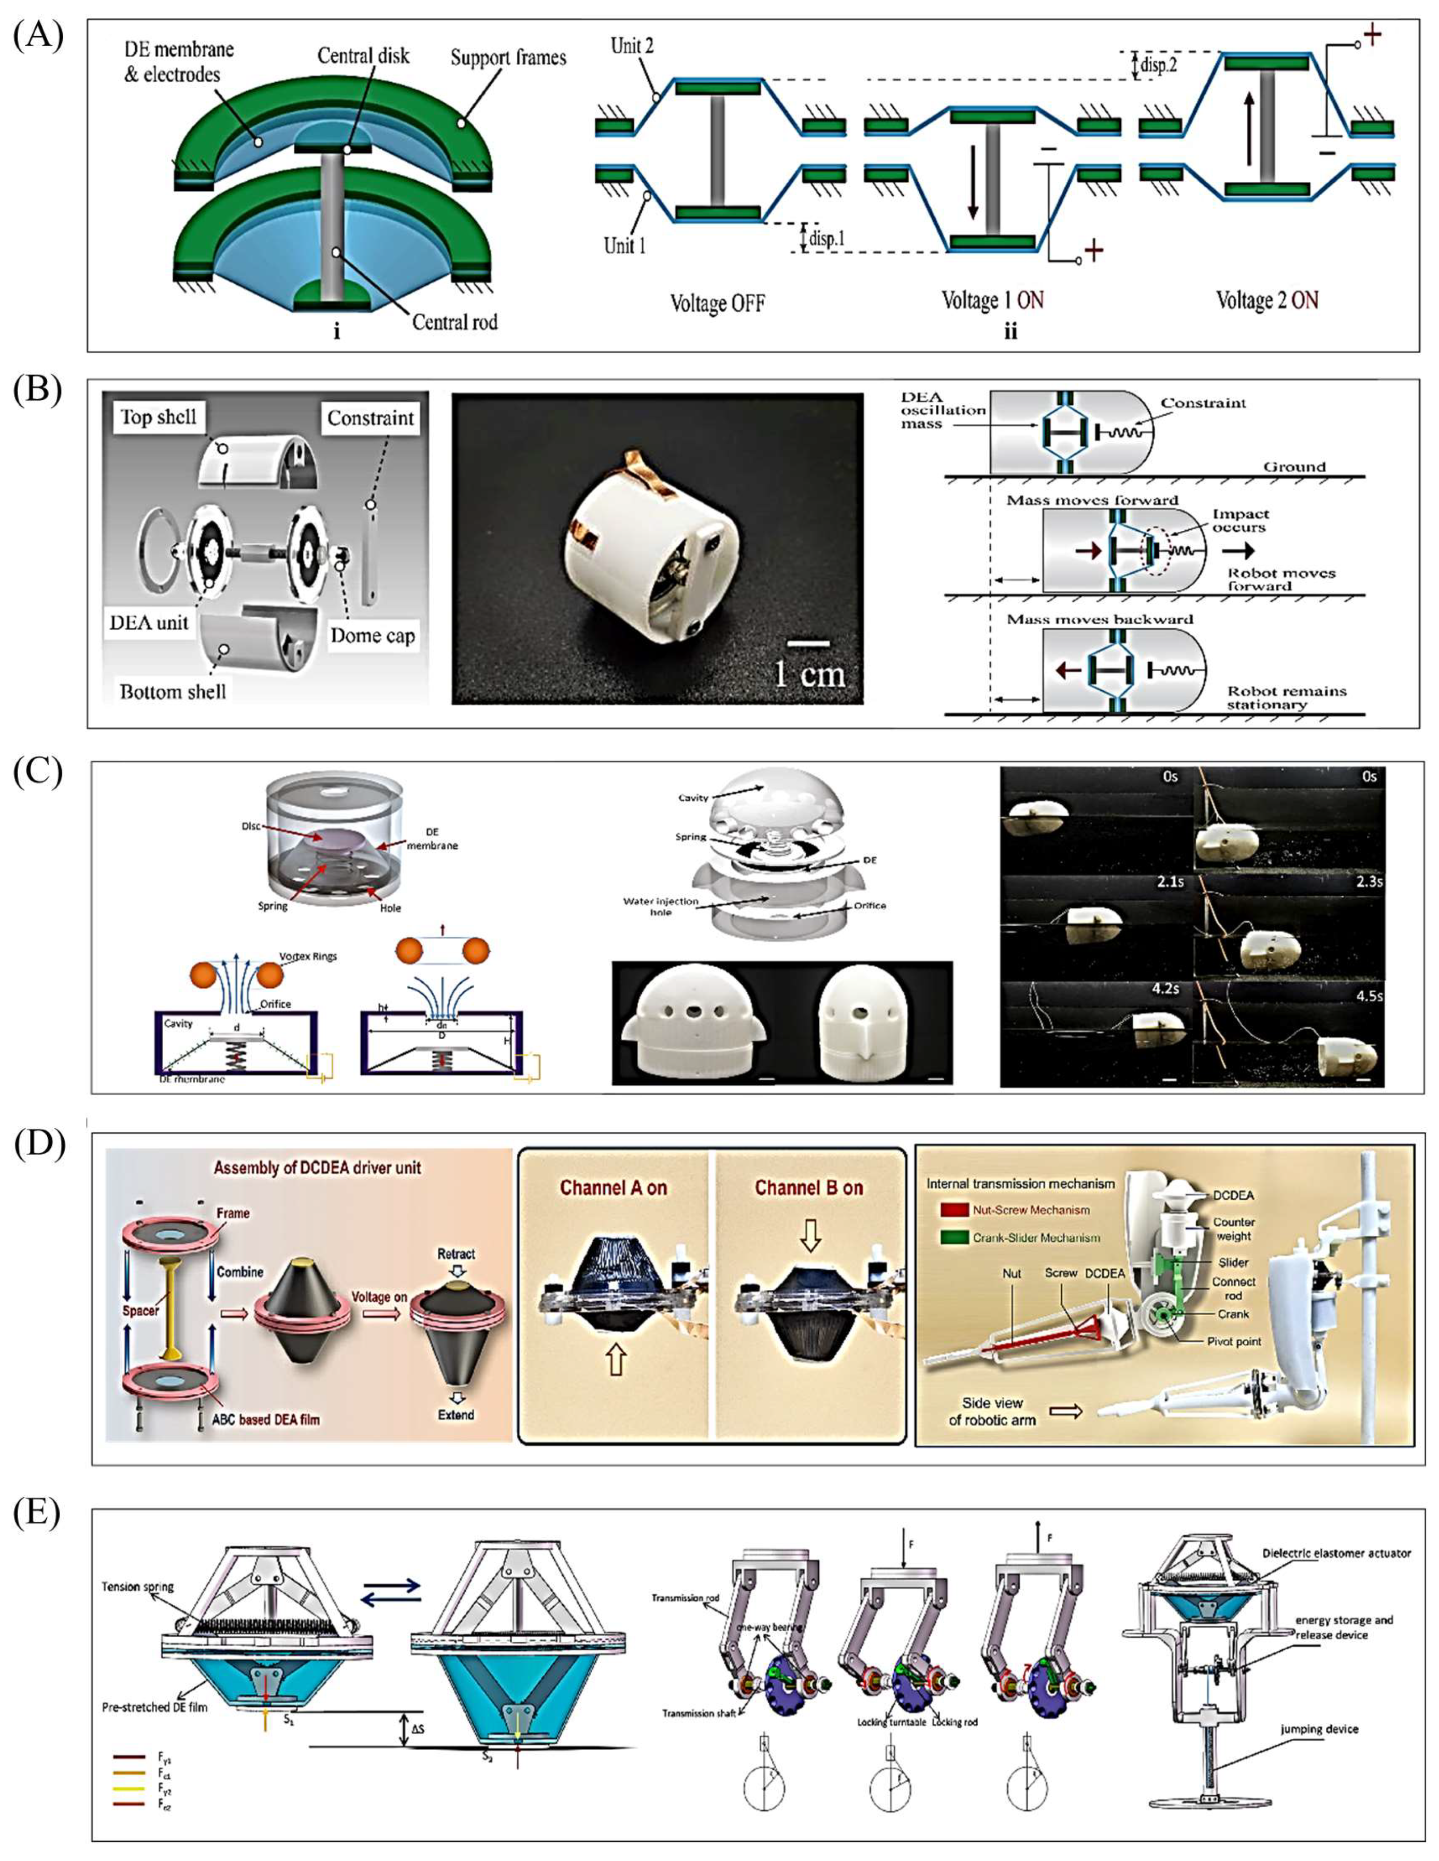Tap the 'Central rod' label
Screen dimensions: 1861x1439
tap(454, 322)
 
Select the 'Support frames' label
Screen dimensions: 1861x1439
tap(508, 58)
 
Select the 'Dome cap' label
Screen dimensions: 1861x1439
tap(373, 636)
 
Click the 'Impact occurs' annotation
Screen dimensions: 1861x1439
tap(1241, 520)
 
